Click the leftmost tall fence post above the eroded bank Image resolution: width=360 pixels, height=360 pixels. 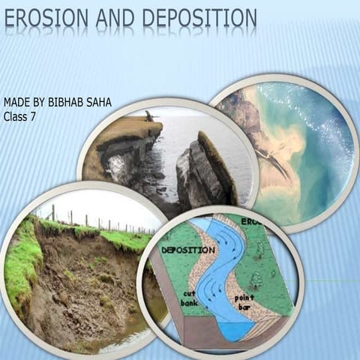click(52, 213)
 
